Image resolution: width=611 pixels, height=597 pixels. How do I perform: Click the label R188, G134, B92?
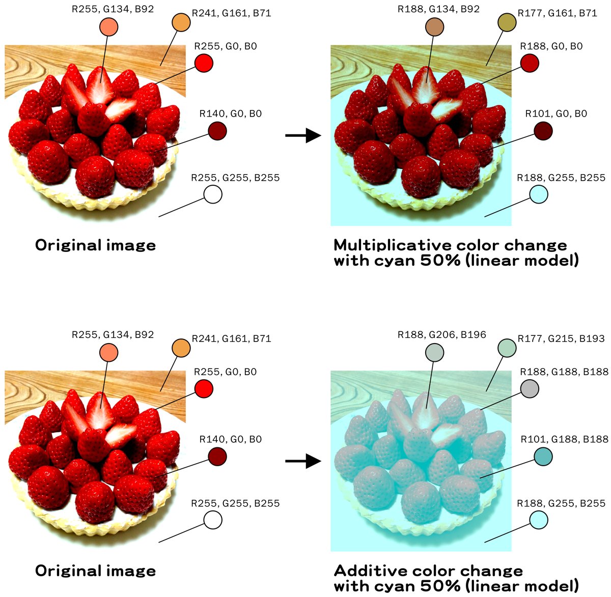(x=438, y=9)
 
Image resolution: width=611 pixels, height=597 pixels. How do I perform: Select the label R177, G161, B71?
(x=557, y=13)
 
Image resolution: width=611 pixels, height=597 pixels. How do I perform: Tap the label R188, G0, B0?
(x=551, y=46)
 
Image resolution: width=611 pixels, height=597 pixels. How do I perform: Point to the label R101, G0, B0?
(x=556, y=113)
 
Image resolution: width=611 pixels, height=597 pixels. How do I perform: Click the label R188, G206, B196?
(x=441, y=335)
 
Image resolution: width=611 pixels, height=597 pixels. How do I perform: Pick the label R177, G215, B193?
(x=561, y=338)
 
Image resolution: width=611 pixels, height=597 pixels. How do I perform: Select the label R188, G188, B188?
(x=564, y=372)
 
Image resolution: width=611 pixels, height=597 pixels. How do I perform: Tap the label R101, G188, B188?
(x=564, y=439)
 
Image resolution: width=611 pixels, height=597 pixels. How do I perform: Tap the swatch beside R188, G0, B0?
(x=530, y=63)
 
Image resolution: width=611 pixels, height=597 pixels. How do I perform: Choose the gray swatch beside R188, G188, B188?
(x=530, y=389)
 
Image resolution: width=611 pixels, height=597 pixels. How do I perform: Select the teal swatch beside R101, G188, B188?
(x=543, y=457)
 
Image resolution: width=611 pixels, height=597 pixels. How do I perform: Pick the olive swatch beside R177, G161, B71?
(x=506, y=22)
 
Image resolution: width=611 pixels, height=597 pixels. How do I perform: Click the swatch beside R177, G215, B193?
(x=506, y=348)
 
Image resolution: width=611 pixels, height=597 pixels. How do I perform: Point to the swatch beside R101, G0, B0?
(x=543, y=131)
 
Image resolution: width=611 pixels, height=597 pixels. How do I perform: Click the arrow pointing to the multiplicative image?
(x=303, y=136)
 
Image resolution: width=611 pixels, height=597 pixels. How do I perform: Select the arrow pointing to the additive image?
(x=303, y=462)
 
